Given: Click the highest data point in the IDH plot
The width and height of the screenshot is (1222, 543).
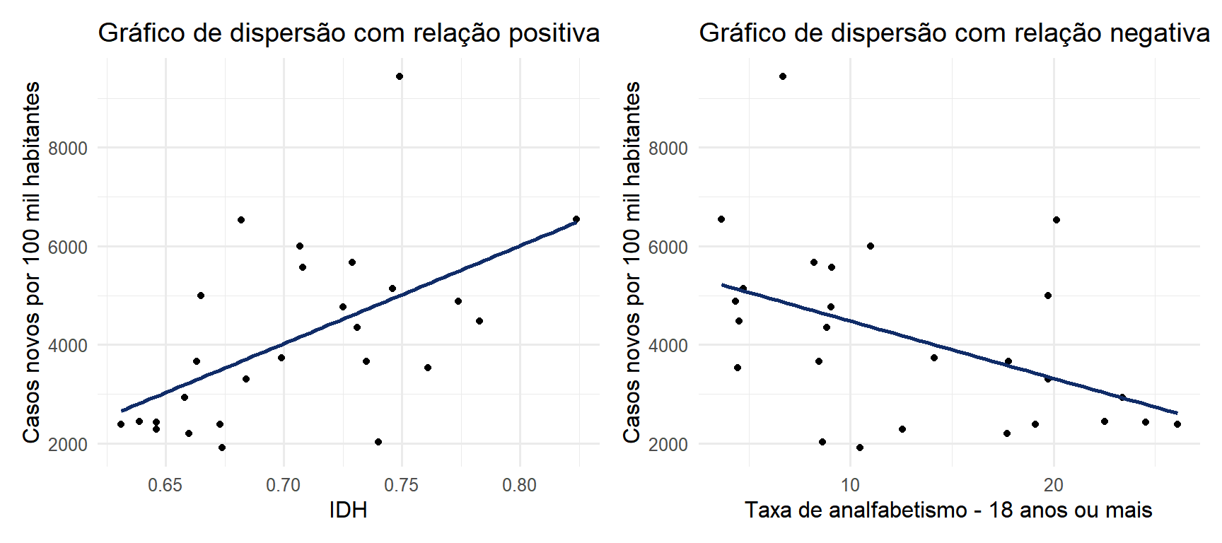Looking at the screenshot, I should click(x=400, y=76).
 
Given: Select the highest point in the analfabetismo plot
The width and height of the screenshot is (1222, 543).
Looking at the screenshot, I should click(x=783, y=76).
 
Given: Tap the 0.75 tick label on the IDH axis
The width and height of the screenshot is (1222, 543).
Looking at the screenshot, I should click(x=402, y=486).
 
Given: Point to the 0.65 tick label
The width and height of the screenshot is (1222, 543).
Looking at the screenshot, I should click(x=165, y=486).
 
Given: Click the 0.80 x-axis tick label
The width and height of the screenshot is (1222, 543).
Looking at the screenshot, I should click(x=520, y=486).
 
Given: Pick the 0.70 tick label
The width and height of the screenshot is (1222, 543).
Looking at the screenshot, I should click(x=284, y=486).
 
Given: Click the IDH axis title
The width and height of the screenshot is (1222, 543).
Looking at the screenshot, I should click(x=348, y=510).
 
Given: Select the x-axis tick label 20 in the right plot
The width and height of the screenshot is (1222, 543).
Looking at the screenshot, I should click(x=1054, y=486).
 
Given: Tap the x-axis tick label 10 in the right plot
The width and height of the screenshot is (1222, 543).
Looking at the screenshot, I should click(x=850, y=486).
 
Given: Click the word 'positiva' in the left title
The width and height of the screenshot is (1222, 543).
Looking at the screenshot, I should click(x=554, y=33).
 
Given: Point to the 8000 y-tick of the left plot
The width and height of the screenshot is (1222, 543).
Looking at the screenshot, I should click(x=68, y=148).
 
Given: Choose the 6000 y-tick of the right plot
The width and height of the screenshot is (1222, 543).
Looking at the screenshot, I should click(x=668, y=247).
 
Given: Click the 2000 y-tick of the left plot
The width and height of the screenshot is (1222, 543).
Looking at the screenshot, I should click(x=68, y=445).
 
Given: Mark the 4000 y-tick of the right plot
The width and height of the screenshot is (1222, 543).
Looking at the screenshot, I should click(x=668, y=346).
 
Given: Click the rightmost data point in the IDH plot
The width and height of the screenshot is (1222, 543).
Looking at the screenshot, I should click(x=576, y=220).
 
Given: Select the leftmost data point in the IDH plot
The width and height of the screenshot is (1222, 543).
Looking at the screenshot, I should click(x=121, y=424).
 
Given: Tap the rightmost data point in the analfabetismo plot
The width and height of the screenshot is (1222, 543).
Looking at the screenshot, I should click(x=1177, y=424).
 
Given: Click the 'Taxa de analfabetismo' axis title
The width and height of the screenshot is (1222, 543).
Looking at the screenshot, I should click(x=948, y=510).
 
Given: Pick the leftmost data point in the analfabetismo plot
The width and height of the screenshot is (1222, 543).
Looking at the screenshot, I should click(x=721, y=219).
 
